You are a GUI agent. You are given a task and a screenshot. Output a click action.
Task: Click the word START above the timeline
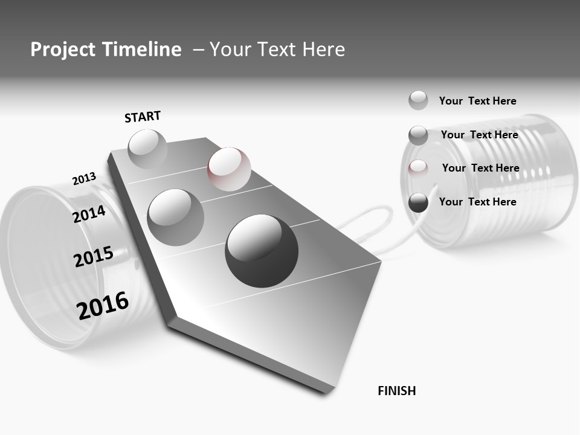143,117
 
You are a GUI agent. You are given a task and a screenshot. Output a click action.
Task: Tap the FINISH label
396,391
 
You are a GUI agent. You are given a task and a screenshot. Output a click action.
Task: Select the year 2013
84,179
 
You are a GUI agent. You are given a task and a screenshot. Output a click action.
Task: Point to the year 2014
89,214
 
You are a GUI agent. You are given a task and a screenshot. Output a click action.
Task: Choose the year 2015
93,257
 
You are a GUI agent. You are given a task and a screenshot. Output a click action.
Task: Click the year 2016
103,306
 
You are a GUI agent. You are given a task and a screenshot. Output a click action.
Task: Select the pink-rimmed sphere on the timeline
229,169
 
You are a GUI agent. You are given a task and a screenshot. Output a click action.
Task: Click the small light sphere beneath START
147,149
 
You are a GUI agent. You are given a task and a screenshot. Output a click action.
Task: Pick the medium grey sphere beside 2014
175,217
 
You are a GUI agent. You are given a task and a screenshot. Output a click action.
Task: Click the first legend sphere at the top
418,100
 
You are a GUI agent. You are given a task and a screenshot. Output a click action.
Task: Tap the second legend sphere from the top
418,135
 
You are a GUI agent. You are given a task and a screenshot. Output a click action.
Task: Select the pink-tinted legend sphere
418,169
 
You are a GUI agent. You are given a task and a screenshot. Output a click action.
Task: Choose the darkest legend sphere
418,203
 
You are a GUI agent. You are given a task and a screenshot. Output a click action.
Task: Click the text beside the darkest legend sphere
477,202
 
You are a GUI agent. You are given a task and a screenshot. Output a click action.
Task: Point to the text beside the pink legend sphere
480,168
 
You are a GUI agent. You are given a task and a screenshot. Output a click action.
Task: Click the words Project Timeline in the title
106,50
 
